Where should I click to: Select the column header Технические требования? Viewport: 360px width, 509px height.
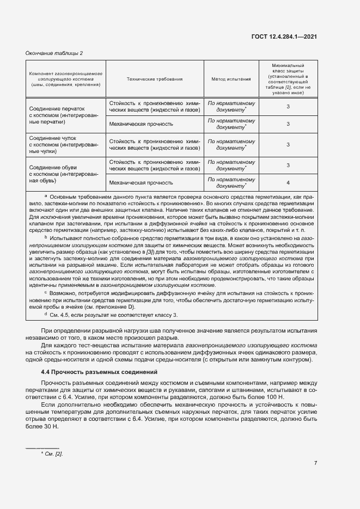click(x=154, y=79)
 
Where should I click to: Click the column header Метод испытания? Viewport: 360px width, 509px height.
click(x=231, y=79)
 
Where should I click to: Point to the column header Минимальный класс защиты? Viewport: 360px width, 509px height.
click(x=288, y=79)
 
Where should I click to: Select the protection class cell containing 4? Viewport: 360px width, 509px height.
click(x=288, y=183)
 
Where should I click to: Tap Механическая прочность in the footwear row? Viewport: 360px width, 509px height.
click(x=141, y=183)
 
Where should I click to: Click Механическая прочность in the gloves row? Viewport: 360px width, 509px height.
click(x=141, y=124)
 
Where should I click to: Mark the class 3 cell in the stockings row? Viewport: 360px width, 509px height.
click(x=288, y=145)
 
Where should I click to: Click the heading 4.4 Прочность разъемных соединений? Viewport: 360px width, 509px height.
click(x=100, y=372)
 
